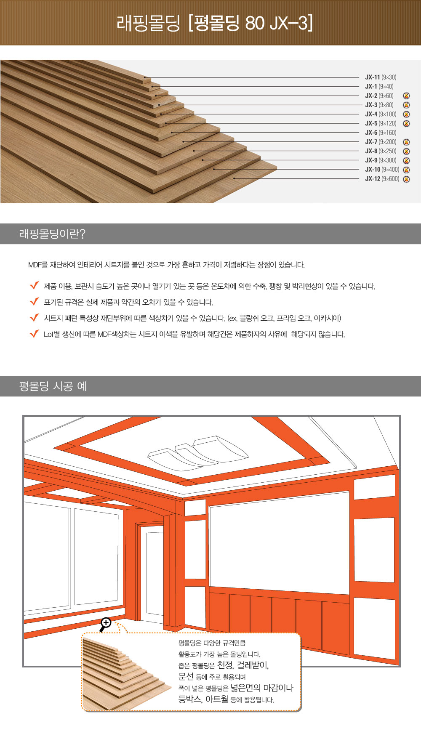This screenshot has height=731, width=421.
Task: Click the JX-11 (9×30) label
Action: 381,77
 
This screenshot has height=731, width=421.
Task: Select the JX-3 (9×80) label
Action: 379,105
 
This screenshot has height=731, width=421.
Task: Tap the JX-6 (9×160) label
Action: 381,133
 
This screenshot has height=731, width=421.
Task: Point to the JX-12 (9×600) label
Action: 382,179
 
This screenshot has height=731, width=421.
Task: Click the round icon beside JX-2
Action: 406,96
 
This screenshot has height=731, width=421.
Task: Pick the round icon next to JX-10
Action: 406,170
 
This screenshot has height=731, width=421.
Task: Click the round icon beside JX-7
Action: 406,142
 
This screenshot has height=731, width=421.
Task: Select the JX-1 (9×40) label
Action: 379,87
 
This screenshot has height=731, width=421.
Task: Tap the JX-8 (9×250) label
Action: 381,152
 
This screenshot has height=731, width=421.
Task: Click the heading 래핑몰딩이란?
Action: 52,234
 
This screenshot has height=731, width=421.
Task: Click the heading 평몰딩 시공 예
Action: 53,386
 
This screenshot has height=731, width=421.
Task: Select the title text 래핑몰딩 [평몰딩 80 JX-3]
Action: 215,23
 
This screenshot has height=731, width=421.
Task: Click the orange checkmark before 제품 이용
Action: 35,286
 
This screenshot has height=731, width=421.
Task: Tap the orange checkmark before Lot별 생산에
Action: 35,334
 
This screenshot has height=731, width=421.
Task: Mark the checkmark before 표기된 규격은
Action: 35,302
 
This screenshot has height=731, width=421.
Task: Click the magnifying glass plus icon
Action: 105,623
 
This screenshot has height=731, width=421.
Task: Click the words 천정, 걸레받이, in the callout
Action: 243,665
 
